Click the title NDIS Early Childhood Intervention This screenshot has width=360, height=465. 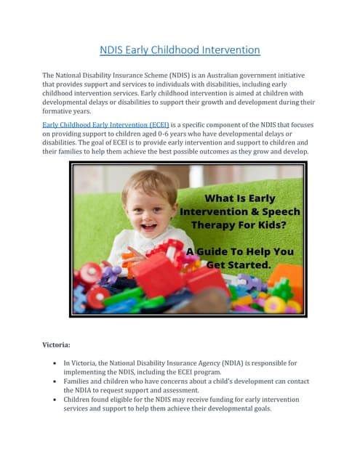(180, 50)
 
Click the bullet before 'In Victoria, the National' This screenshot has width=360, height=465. (56, 363)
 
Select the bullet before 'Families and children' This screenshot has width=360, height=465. (56, 381)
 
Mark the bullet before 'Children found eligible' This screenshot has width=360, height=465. (56, 400)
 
